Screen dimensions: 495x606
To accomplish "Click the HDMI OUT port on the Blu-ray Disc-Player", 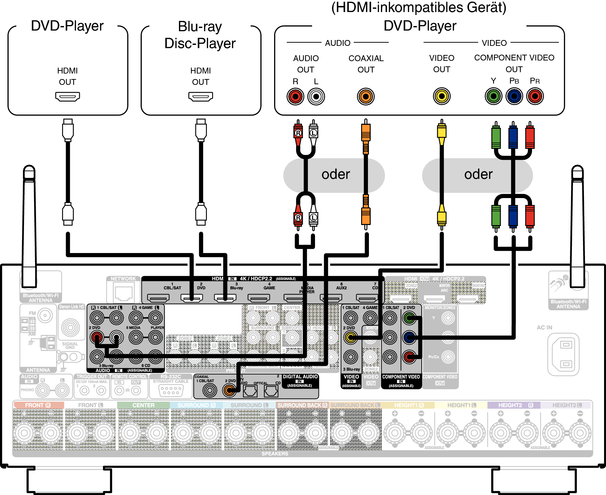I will [201, 97].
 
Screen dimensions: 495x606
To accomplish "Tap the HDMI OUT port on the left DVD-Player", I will [68, 97].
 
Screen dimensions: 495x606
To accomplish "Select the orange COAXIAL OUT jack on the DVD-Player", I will [366, 97].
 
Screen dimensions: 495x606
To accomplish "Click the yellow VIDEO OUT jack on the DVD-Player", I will [442, 96].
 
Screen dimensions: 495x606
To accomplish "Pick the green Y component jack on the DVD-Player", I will [493, 96].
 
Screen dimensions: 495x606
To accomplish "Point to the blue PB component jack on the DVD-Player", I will [514, 96].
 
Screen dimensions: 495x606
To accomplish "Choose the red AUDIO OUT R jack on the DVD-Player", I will [295, 97].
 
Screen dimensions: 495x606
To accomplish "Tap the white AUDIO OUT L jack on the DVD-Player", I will [316, 97].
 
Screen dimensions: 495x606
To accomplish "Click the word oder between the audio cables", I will [335, 175].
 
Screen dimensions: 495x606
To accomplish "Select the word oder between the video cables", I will [478, 175].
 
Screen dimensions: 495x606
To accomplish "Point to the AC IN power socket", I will [563, 354].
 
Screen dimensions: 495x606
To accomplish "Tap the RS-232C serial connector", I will [171, 390].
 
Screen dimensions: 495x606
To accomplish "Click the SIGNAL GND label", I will [70, 345].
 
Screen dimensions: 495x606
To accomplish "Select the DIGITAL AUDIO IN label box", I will [300, 381].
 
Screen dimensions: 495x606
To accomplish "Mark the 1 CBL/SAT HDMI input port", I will [158, 298].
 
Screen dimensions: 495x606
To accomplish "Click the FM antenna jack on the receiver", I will [45, 315].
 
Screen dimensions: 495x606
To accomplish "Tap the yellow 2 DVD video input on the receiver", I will [350, 338].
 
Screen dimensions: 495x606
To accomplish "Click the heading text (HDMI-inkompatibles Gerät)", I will [419, 8].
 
